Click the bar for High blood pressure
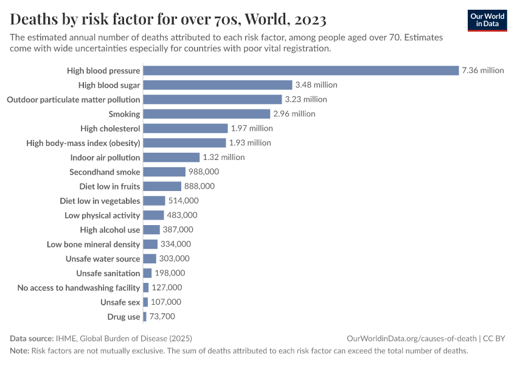pyautogui.click(x=301, y=71)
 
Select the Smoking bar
pyautogui.click(x=206, y=114)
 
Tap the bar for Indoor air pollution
pyautogui.click(x=171, y=158)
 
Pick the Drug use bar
pyautogui.click(x=145, y=317)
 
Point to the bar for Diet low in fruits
pyautogui.click(x=162, y=186)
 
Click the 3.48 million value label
pyautogui.click(x=316, y=85)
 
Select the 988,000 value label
pyautogui.click(x=204, y=172)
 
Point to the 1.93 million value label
pyautogui.click(x=250, y=143)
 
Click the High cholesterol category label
pyautogui.click(x=110, y=128)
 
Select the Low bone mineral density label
pyautogui.click(x=94, y=245)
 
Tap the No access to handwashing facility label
pyautogui.click(x=79, y=288)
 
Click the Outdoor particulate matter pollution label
pyautogui.click(x=74, y=99)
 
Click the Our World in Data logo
pyautogui.click(x=487, y=21)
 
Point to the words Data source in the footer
pyautogui.click(x=31, y=338)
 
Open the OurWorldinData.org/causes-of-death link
pyautogui.click(x=411, y=338)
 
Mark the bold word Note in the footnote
pyautogui.click(x=19, y=351)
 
